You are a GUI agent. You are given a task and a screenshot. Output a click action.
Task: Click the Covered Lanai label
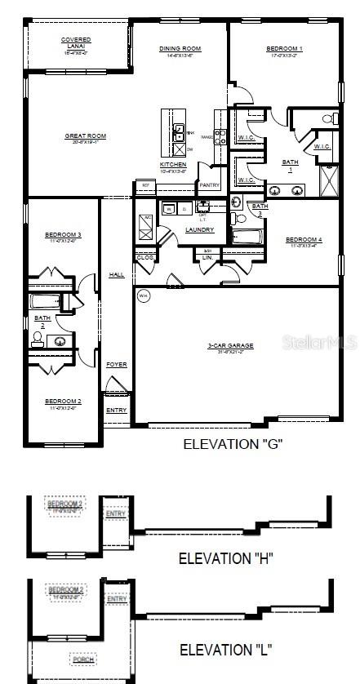[76, 40]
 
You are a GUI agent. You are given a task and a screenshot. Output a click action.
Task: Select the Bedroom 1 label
[284, 49]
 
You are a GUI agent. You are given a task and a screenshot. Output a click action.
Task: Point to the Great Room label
[86, 136]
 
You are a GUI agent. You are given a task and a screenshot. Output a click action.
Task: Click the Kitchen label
[173, 165]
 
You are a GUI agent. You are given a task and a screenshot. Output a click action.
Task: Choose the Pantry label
[209, 184]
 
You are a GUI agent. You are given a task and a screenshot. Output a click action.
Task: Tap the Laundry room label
[200, 229]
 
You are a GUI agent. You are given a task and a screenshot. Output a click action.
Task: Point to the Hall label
[117, 275]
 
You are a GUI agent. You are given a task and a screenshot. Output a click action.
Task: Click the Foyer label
[117, 364]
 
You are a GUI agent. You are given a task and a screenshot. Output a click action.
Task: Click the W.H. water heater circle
[144, 295]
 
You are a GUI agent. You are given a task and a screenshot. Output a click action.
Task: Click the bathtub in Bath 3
[246, 238]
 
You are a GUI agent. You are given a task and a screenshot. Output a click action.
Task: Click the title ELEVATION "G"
[233, 444]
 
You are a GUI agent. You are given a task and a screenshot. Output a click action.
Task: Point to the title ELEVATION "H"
[226, 558]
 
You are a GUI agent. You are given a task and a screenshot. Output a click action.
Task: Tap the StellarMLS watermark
[319, 344]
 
